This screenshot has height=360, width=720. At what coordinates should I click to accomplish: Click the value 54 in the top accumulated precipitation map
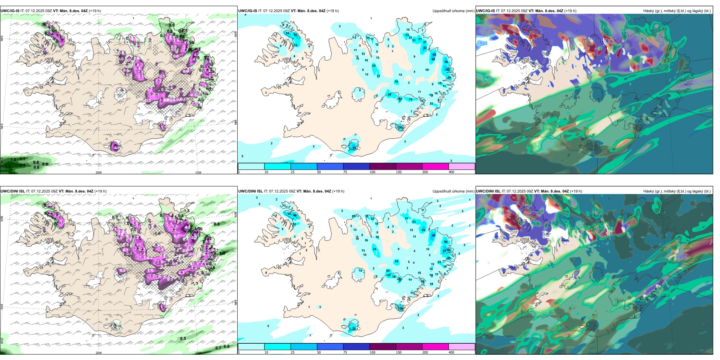354,148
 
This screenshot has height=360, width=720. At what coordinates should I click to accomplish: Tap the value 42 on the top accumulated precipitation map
425,48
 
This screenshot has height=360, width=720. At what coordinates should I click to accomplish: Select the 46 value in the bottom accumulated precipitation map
434,235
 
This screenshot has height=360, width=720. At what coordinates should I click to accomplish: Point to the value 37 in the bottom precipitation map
289,214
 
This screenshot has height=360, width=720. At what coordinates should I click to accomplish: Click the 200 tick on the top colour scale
425,172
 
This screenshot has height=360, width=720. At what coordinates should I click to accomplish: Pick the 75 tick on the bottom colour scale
345,352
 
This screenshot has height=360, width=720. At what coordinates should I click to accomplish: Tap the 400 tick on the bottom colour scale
451,352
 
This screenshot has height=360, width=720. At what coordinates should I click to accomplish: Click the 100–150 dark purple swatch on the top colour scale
383,166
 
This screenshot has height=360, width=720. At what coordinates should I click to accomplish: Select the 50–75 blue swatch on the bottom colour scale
330,347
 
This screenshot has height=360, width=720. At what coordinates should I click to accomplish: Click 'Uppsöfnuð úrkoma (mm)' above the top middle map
453,11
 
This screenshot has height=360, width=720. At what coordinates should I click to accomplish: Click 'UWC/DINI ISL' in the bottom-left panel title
13,191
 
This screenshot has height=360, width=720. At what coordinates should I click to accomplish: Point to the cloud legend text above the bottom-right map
677,191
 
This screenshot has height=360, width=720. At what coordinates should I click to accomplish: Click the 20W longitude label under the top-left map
99,172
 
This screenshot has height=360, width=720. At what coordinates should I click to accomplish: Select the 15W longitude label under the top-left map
198,172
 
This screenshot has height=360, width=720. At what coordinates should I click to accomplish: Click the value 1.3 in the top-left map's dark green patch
8,166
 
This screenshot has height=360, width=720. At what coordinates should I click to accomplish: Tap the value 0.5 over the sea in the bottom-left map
183,338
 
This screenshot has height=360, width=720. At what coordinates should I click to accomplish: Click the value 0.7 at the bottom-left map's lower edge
218,348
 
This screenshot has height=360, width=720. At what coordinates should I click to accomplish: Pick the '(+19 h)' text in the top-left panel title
95,11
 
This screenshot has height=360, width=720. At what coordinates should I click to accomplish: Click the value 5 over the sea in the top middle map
243,156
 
